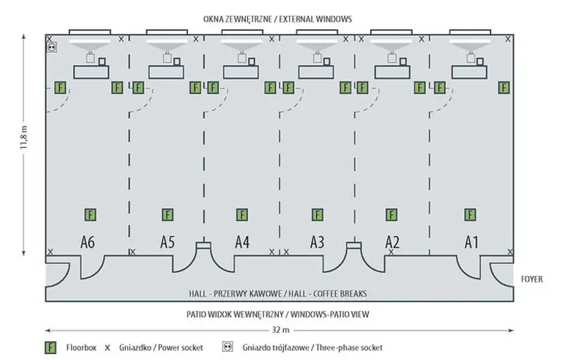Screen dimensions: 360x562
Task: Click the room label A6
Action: pyautogui.click(x=87, y=241)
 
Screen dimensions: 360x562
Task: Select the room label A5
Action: pyautogui.click(x=168, y=241)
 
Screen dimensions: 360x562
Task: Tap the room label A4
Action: pyautogui.click(x=242, y=241)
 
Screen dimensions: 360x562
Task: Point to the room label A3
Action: pyautogui.click(x=318, y=241)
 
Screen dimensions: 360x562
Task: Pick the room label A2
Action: pyautogui.click(x=392, y=241)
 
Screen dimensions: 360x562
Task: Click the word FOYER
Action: pyautogui.click(x=532, y=280)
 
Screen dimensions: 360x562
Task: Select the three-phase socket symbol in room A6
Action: pyautogui.click(x=51, y=47)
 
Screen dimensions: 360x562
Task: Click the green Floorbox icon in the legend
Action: pyautogui.click(x=51, y=348)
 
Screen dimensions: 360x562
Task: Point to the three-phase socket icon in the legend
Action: pyautogui.click(x=228, y=348)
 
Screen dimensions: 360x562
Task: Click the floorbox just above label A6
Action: pyautogui.click(x=90, y=215)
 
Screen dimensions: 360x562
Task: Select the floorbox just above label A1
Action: pyautogui.click(x=469, y=215)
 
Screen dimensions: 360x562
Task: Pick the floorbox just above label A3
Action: pyautogui.click(x=318, y=215)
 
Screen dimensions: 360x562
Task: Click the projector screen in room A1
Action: pyautogui.click(x=469, y=43)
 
